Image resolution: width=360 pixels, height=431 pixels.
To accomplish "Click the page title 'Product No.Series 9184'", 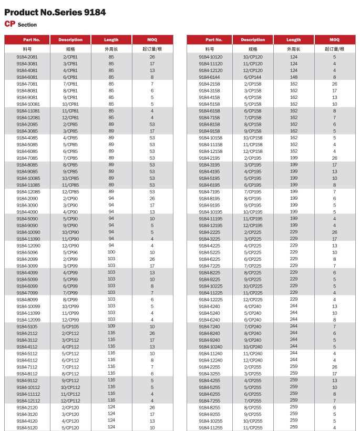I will point(55,13).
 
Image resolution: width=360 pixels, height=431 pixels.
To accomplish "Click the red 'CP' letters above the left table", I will point(9,24).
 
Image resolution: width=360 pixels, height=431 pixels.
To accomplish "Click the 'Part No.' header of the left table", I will point(28,39).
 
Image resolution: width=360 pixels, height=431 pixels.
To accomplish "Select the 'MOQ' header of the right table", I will point(334,39).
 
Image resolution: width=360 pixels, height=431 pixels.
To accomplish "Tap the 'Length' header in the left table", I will point(111,39).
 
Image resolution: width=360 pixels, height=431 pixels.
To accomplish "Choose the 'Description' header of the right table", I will point(253,39).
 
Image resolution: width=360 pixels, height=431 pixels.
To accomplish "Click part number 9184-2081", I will point(27,56).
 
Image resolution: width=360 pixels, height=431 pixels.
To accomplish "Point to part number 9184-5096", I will point(27,252).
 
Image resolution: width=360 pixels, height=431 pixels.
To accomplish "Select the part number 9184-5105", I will point(27,326).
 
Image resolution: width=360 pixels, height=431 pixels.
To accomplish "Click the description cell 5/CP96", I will point(70,252).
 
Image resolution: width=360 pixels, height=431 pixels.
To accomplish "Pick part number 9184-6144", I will point(209,77).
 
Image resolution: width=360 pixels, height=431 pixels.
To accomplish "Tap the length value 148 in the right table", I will point(294,77).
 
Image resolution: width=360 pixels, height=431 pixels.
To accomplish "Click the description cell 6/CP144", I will point(253,77).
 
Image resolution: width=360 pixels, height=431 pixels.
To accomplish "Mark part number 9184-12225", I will point(210,299).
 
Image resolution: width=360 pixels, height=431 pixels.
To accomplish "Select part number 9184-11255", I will point(210,427).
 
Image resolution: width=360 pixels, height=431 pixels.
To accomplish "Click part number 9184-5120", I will point(27,427).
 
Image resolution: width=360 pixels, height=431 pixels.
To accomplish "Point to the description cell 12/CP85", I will point(70,191).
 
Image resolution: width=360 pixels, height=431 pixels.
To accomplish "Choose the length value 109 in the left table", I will point(111,326).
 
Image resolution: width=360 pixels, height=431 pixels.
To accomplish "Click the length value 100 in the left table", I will point(111,252).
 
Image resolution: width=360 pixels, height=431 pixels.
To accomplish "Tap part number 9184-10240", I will point(210,347).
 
